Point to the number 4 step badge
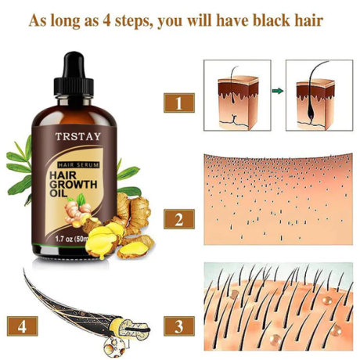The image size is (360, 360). (23, 323)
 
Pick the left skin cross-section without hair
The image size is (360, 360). (236, 97)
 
